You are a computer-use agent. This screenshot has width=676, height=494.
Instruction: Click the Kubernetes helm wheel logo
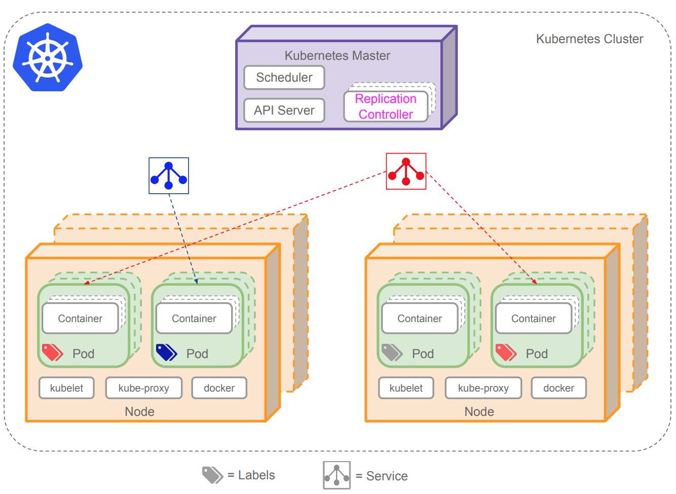[48, 58]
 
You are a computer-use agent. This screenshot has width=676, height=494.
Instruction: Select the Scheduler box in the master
[284, 78]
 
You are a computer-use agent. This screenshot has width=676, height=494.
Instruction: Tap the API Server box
[284, 110]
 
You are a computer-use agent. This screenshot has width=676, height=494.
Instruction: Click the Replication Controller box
[386, 107]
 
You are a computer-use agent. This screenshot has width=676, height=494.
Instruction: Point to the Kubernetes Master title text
[337, 55]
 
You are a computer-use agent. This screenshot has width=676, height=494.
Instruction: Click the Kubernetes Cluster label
[589, 39]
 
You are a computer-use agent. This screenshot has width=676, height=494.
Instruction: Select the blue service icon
[169, 175]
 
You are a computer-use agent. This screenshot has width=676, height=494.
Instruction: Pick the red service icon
[406, 171]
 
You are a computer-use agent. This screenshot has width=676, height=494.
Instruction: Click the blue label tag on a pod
[166, 352]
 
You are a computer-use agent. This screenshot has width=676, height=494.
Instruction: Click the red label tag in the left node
[52, 352]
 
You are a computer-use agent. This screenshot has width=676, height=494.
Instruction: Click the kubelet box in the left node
[66, 388]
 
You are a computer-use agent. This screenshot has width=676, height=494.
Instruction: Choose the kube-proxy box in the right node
[483, 388]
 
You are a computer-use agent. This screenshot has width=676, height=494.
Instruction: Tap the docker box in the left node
[219, 388]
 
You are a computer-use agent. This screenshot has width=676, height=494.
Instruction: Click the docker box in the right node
[558, 388]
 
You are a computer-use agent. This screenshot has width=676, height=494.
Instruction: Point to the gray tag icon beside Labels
[212, 475]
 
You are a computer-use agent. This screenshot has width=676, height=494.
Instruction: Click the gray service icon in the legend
[337, 475]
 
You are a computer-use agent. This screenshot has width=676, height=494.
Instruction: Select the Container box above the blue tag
[194, 319]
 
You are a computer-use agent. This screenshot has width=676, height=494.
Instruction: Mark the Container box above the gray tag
[420, 319]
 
